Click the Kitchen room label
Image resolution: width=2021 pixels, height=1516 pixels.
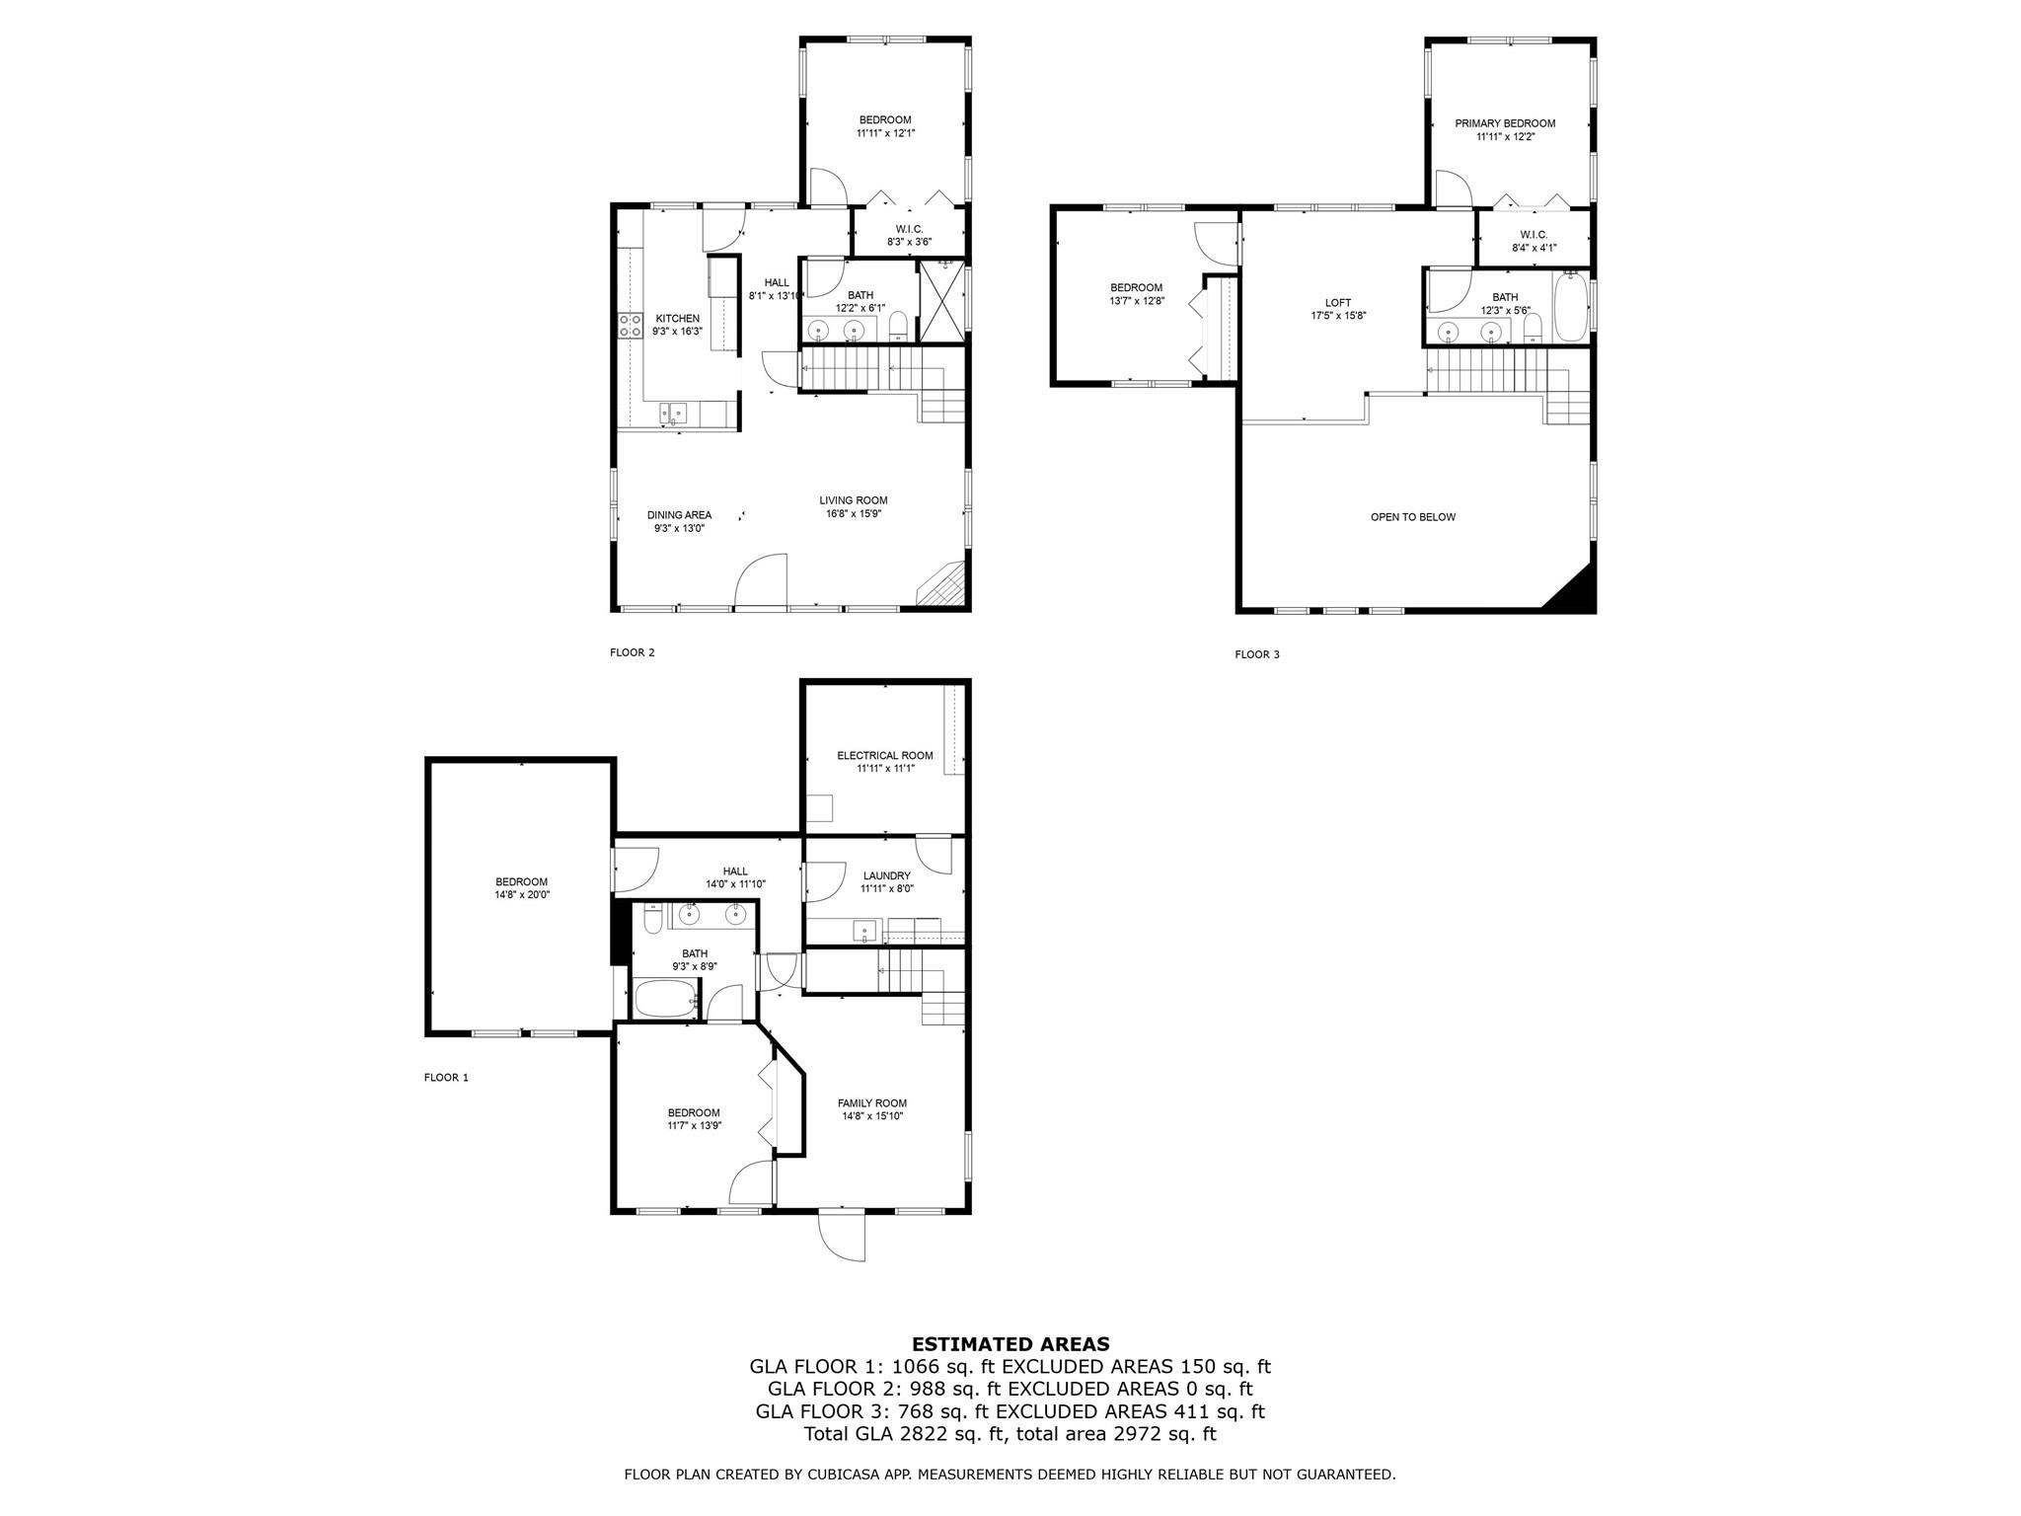point(678,318)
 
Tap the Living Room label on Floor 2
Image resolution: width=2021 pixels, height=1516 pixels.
point(854,500)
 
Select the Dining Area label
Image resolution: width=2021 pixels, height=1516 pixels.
point(679,515)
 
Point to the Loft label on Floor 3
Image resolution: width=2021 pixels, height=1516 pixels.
point(1338,303)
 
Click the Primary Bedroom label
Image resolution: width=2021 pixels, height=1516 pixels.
point(1505,123)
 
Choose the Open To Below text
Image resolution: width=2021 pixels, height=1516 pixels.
point(1413,517)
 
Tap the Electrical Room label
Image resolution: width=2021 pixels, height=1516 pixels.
point(885,756)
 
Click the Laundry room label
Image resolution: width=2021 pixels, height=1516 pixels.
point(886,875)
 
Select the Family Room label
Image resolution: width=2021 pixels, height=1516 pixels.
point(872,1103)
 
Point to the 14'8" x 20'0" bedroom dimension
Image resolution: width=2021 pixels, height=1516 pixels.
point(522,895)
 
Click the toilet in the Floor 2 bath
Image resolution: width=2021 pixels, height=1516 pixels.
point(898,326)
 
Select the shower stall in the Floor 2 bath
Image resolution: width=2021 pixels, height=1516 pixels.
point(941,301)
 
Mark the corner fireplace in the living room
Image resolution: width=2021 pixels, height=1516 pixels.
point(942,584)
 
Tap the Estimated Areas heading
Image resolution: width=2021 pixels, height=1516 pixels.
point(1010,1343)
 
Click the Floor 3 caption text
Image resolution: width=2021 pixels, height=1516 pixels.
point(1257,654)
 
